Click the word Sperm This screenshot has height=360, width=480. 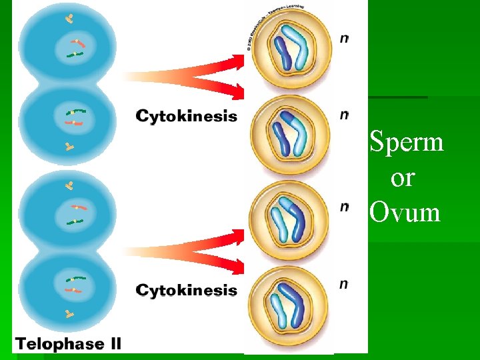(x=407, y=142)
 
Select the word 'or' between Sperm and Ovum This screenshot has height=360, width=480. (x=403, y=178)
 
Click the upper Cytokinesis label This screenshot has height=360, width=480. (x=186, y=117)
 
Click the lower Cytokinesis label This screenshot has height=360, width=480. (x=186, y=290)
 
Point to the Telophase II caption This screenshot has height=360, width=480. (x=69, y=345)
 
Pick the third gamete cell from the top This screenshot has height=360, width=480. (x=293, y=221)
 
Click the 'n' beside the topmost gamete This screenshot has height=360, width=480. (x=344, y=39)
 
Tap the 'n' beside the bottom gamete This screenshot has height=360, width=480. (x=344, y=285)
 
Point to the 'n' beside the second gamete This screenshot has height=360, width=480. (x=344, y=115)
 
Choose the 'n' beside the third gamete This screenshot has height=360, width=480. (x=344, y=207)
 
